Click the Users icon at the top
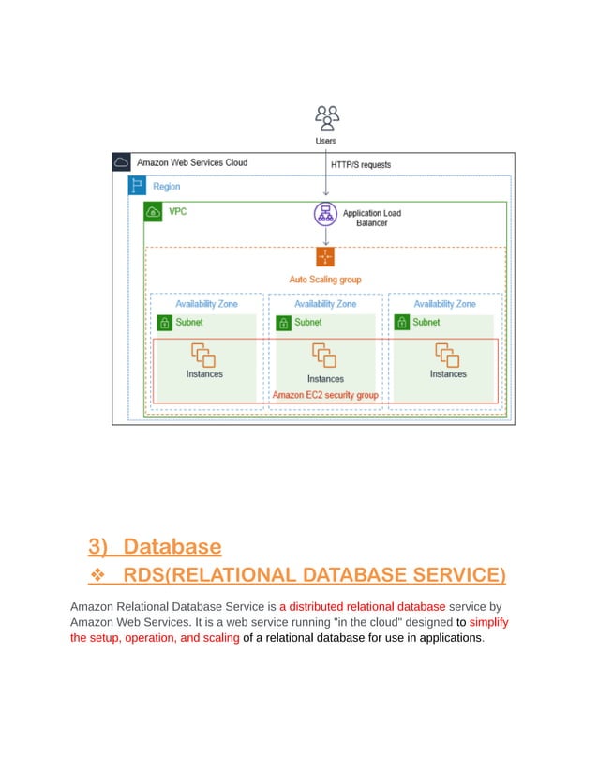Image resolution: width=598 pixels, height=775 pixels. tap(326, 117)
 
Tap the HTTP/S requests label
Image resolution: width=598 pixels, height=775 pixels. tap(361, 164)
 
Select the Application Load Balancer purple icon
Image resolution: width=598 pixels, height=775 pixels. tap(325, 214)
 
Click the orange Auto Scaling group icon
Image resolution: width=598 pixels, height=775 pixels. tap(325, 257)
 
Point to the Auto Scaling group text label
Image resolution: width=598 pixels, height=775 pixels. tap(325, 280)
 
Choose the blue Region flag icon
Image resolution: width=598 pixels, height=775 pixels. tap(138, 187)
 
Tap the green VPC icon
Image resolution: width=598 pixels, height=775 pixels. tap(153, 212)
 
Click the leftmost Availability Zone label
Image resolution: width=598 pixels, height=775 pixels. tap(206, 304)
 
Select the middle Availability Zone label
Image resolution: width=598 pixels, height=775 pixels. tap(325, 304)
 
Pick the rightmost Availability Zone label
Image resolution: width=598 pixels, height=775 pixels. tap(444, 304)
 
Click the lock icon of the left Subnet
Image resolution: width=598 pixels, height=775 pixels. tap(164, 323)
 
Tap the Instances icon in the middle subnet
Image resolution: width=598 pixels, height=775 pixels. tap(324, 357)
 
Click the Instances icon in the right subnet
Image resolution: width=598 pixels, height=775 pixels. tap(446, 355)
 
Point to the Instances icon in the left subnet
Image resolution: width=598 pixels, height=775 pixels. tap(203, 355)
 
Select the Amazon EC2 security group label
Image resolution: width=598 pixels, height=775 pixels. tap(325, 395)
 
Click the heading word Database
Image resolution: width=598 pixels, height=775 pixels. tap(172, 546)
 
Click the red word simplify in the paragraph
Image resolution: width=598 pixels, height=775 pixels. tap(488, 622)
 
